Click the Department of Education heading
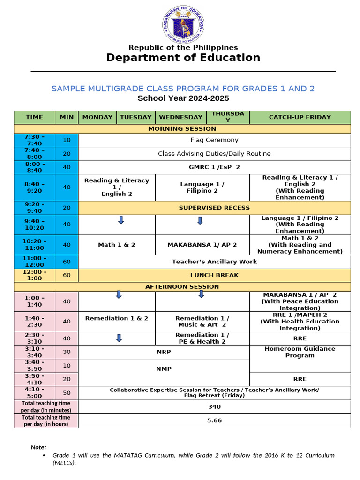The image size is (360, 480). (x=183, y=58)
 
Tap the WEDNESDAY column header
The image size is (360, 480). (x=181, y=117)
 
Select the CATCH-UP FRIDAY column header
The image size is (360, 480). (x=300, y=117)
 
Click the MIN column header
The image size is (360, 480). (x=67, y=117)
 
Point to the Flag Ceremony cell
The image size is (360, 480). (x=214, y=140)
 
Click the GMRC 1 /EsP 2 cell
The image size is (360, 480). (x=214, y=167)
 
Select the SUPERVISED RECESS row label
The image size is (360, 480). (x=214, y=208)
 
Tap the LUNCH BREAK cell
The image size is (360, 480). (x=214, y=275)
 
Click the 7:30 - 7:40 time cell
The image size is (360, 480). (x=34, y=140)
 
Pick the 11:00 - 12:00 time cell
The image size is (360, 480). (x=34, y=262)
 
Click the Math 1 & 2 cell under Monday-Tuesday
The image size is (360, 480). (x=117, y=245)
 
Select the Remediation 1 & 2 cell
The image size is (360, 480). (x=117, y=318)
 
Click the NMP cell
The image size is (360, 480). (x=164, y=369)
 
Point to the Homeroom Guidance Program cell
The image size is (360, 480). (x=300, y=352)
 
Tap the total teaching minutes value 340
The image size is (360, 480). (x=214, y=407)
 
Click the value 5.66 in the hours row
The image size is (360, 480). (x=214, y=420)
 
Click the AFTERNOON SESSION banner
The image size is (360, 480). (x=182, y=286)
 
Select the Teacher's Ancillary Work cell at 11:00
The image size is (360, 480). (x=214, y=262)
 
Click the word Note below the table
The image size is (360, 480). (x=38, y=447)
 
